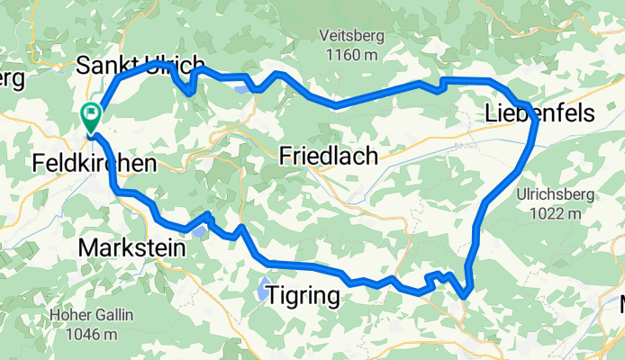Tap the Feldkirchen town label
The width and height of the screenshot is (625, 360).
coord(94,164)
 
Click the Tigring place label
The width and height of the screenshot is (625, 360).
coord(303,296)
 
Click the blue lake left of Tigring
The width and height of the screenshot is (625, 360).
coord(260,291)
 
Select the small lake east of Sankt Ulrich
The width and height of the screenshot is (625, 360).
coord(241,88)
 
